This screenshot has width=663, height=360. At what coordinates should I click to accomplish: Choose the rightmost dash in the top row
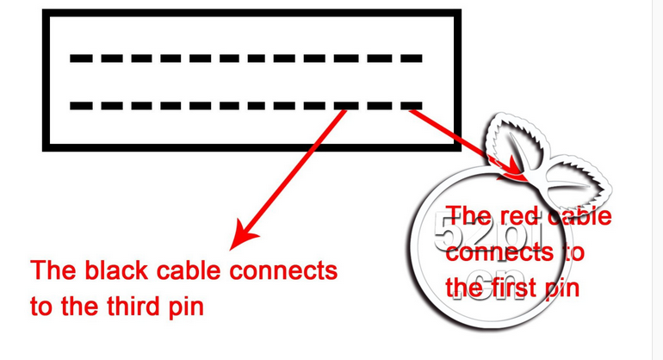click(x=412, y=59)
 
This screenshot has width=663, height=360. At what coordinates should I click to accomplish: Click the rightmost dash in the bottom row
click(x=412, y=106)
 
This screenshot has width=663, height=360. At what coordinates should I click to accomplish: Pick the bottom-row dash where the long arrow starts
click(x=346, y=106)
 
